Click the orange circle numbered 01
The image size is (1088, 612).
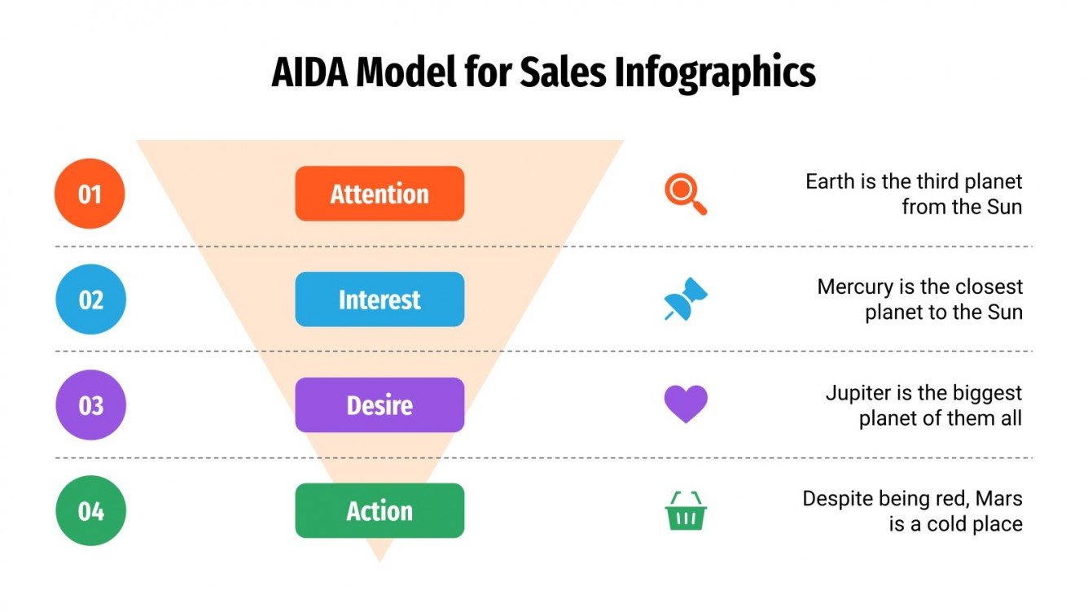(90, 194)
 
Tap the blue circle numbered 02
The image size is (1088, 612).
(90, 299)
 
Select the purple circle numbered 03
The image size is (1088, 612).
(90, 404)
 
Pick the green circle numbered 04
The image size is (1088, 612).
(90, 510)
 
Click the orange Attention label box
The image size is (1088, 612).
(379, 194)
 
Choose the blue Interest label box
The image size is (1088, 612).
(379, 299)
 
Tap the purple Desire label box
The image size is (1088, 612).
(379, 404)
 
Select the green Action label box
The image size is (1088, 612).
(379, 510)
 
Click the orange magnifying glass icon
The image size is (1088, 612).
(685, 194)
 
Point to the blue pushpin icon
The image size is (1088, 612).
(685, 299)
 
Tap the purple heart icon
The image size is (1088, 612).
(686, 404)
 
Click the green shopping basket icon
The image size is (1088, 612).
(686, 511)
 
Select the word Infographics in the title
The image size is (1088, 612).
(715, 73)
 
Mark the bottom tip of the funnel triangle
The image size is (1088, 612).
(379, 560)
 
